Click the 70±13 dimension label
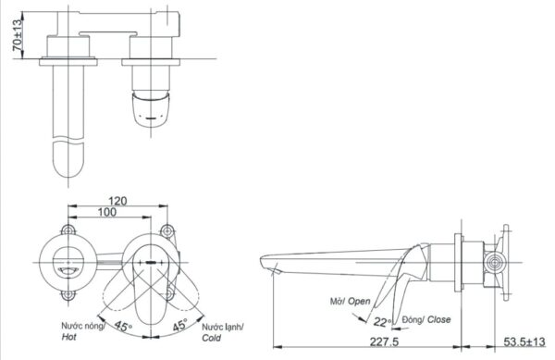[17, 35]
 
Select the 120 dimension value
[117, 201]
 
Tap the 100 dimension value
[107, 212]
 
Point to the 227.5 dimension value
[384, 341]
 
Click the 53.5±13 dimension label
[524, 341]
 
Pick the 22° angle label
[383, 322]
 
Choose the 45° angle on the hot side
[122, 326]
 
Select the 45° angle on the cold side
[179, 325]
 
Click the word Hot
[68, 337]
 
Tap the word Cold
[211, 338]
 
